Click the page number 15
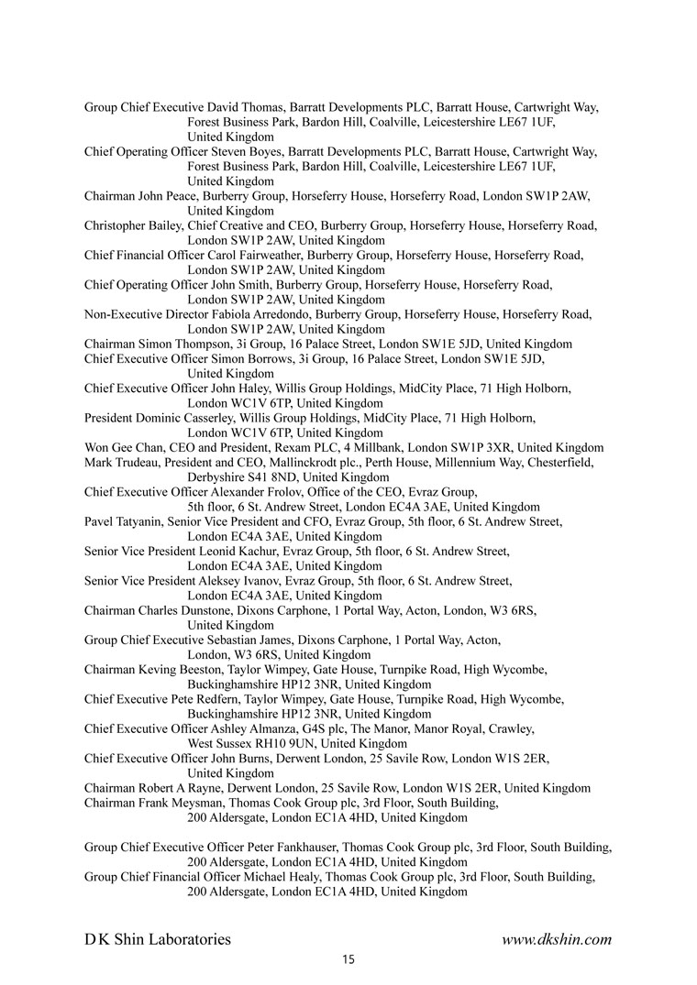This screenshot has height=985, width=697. pos(348,959)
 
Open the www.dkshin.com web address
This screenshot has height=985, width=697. pos(556,938)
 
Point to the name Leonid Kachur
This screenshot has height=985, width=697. pos(238,551)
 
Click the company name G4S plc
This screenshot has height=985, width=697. pos(309,728)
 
